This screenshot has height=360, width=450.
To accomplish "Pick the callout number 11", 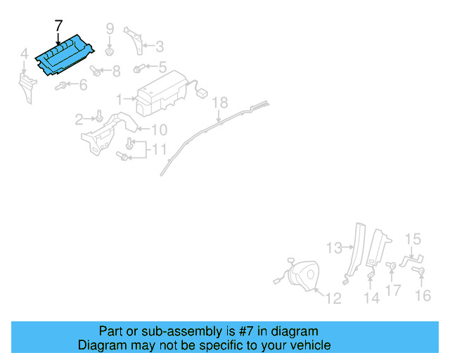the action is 160,149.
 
